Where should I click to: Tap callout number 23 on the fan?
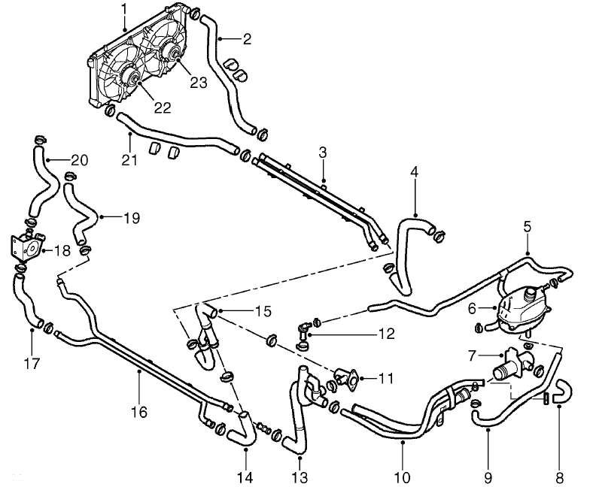point(198,83)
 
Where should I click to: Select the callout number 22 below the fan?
point(162,107)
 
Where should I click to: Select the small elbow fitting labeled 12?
point(303,331)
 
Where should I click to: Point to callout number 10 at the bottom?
point(402,476)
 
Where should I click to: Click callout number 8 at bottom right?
point(558,476)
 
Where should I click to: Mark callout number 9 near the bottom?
point(488,476)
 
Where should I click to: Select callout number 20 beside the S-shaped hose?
point(80,159)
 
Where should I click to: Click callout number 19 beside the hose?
point(131,219)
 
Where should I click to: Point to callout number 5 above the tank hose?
point(528,225)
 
